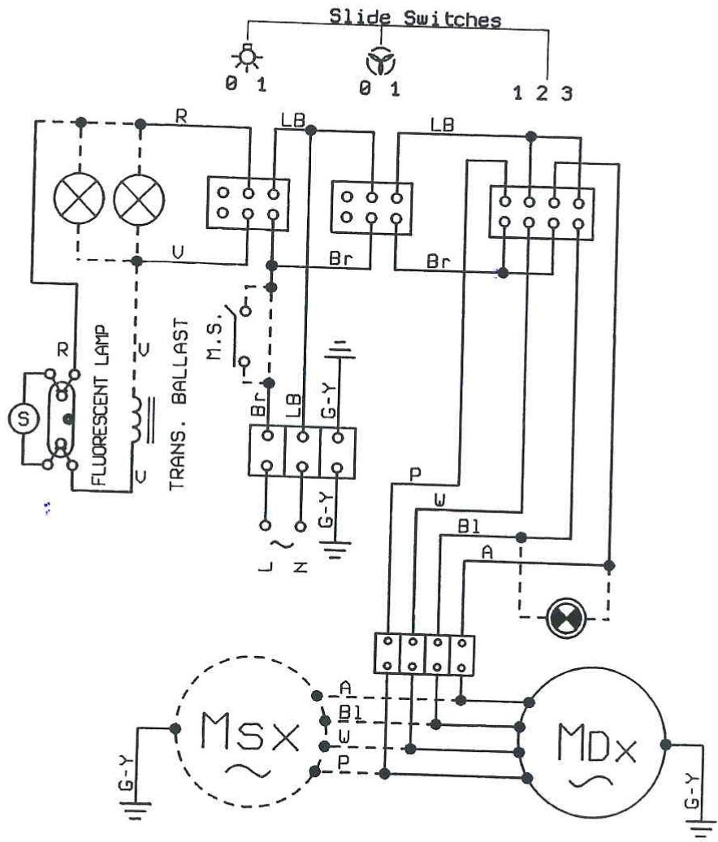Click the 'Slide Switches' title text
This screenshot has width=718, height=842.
coord(414,18)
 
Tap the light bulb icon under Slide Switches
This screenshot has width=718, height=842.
coord(247,57)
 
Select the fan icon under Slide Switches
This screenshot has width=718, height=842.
coord(381,62)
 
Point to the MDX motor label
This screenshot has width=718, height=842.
coord(597,743)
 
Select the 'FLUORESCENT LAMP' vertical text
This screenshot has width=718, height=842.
coord(101,405)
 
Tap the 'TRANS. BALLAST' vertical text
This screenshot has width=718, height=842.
coord(179,404)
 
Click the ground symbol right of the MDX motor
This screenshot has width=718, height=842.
coord(702,827)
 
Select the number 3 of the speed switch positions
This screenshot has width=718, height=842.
coord(567,94)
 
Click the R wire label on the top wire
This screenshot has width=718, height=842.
coord(181,116)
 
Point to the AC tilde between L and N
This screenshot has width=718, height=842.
coord(283,544)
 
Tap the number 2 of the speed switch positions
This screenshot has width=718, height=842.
coord(542,93)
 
